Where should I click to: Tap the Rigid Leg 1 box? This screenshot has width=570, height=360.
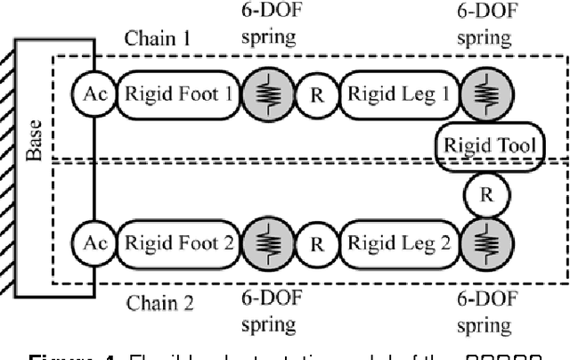pos(397,93)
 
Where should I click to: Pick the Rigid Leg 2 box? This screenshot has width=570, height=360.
pos(397,241)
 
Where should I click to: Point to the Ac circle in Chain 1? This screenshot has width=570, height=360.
pos(94,93)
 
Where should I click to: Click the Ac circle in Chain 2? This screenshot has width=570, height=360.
pos(94,241)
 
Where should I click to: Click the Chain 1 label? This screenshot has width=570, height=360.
pos(158,38)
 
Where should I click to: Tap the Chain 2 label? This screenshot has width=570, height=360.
pos(159,301)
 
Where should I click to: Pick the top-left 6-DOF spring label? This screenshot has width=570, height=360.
pos(267,26)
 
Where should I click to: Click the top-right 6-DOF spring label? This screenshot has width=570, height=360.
pos(484,26)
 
